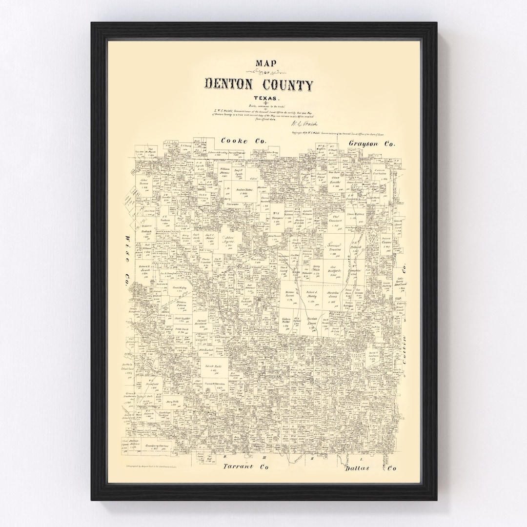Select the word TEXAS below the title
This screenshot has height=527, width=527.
(x=259, y=99)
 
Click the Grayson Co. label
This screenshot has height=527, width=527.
(x=372, y=143)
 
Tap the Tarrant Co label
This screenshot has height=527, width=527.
(x=246, y=467)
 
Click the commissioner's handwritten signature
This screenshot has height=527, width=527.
(x=308, y=125)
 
